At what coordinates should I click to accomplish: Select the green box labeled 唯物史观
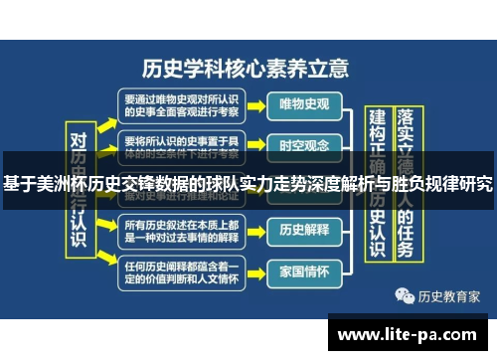pos(304,104)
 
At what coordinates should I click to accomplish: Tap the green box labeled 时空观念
pos(304,145)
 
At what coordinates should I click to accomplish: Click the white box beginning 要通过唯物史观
pos(180,104)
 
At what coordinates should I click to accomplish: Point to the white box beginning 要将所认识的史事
pos(180,145)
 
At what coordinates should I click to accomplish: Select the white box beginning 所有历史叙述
pos(180,231)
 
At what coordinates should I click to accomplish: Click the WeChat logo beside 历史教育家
pos(405,295)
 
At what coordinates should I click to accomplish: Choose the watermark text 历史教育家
pos(448,295)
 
